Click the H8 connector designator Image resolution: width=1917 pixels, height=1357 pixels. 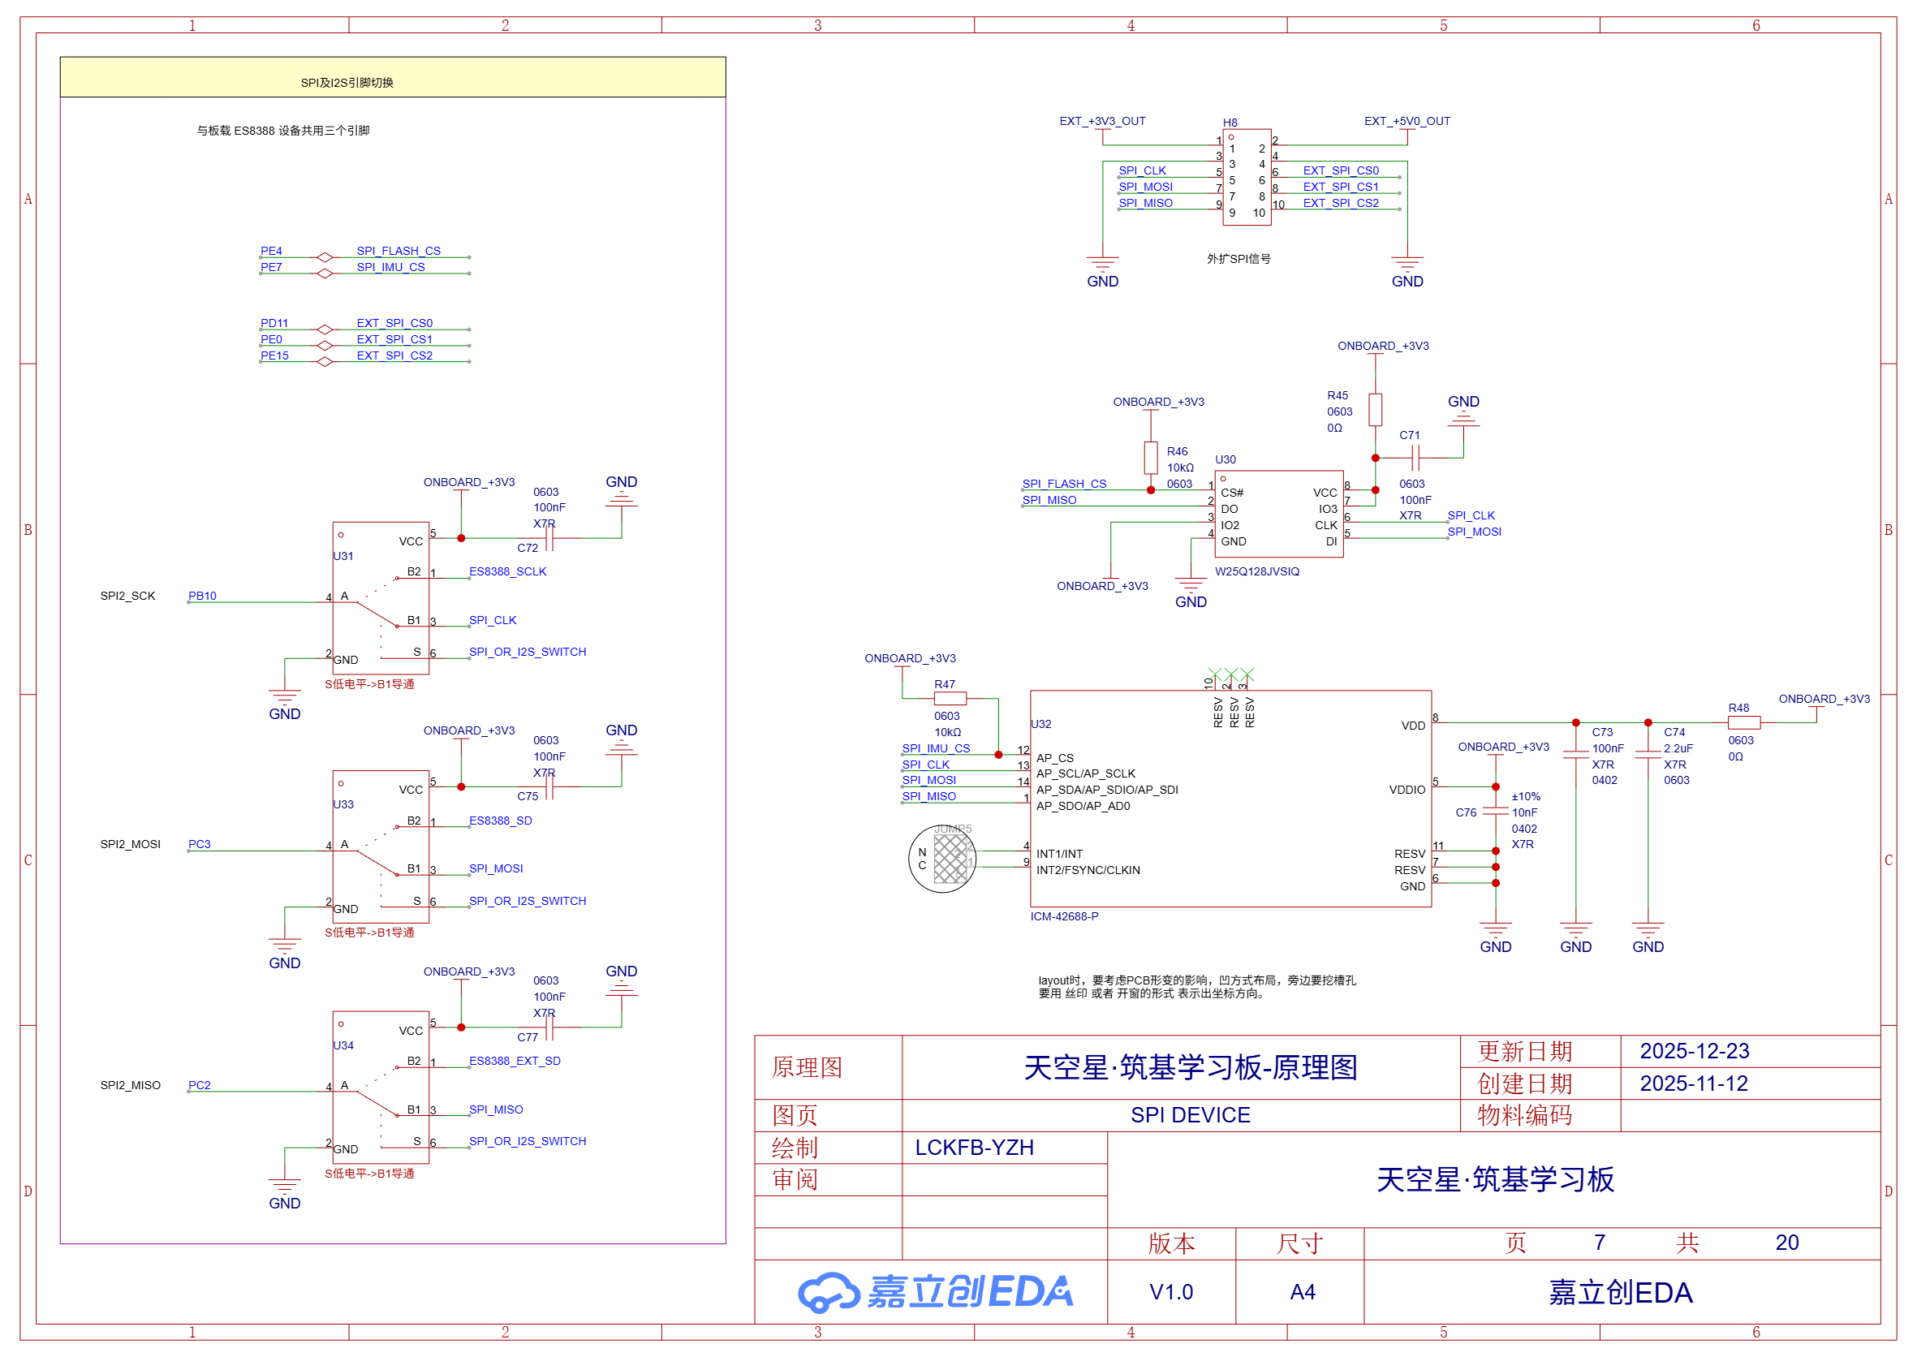click(x=1230, y=123)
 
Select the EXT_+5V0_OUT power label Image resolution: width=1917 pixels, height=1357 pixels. click(x=1407, y=121)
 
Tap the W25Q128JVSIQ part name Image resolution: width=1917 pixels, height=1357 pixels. click(x=1257, y=571)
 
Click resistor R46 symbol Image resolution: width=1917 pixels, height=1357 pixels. click(x=1151, y=458)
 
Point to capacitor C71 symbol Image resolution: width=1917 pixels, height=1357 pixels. click(x=1415, y=457)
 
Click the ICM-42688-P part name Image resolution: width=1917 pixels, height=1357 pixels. click(x=1064, y=916)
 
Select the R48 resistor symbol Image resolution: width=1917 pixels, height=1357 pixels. click(x=1744, y=723)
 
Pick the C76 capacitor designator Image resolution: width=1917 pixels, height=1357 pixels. click(x=1466, y=812)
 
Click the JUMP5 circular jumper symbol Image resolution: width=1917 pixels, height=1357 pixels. click(x=941, y=859)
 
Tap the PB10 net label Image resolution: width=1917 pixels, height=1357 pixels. click(x=202, y=596)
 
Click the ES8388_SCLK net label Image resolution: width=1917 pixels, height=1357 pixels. click(x=507, y=571)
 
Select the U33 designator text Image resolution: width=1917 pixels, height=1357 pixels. click(x=343, y=804)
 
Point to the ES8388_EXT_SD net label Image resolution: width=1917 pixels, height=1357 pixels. click(x=515, y=1061)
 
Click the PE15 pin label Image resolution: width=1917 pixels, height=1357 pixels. click(x=274, y=355)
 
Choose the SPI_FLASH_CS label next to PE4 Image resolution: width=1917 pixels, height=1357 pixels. click(x=398, y=251)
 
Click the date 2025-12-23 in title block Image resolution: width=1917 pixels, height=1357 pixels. click(x=1694, y=1051)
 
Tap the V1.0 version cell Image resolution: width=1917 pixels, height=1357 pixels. click(x=1171, y=1292)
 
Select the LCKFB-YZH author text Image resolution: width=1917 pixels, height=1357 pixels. click(x=975, y=1148)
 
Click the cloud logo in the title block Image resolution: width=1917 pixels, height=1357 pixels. click(x=827, y=1292)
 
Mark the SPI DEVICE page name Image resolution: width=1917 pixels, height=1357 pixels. click(x=1190, y=1114)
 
